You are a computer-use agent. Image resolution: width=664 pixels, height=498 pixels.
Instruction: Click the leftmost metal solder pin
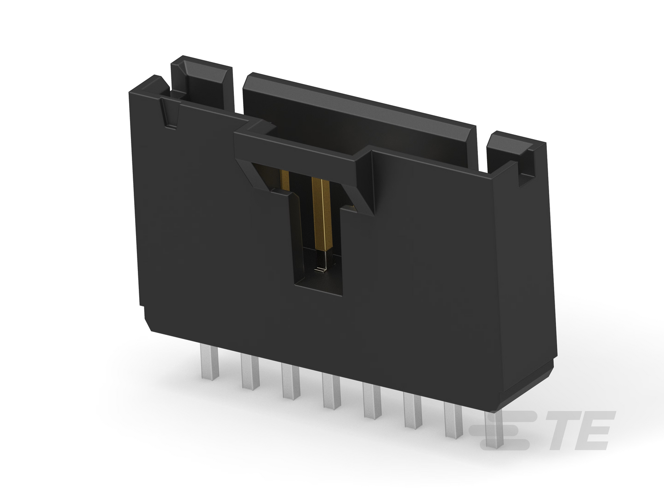pyautogui.click(x=210, y=362)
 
